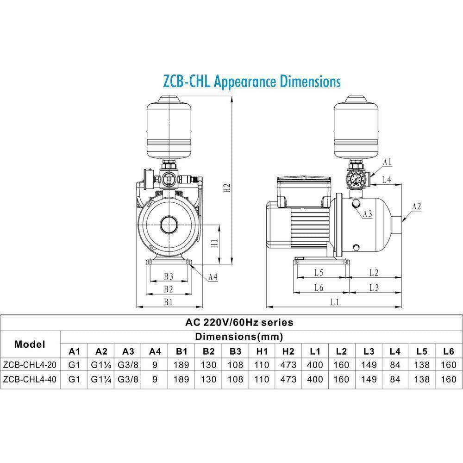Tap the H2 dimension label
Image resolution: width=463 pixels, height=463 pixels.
click(x=226, y=188)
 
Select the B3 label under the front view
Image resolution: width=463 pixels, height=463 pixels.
click(x=168, y=276)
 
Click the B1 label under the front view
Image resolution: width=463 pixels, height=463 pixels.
click(x=168, y=302)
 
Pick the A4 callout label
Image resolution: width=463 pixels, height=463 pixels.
click(x=213, y=277)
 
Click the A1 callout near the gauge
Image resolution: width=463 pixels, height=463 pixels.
click(x=388, y=162)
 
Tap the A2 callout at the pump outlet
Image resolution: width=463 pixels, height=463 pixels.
click(x=416, y=207)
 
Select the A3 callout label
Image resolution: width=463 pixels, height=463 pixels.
click(x=368, y=213)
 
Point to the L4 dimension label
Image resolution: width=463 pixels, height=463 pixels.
click(x=387, y=179)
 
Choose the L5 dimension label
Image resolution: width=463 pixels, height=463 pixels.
click(x=318, y=273)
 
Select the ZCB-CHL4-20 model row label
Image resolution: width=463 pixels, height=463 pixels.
click(x=30, y=364)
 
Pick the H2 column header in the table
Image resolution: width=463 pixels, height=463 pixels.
click(x=288, y=351)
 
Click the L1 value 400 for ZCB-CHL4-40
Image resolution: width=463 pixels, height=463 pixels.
click(x=315, y=379)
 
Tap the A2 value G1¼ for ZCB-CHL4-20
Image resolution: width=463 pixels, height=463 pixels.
click(x=101, y=364)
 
